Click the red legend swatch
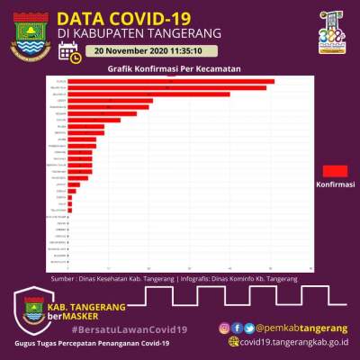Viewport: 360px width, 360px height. click(335, 170)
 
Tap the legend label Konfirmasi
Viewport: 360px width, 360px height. click(335, 184)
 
